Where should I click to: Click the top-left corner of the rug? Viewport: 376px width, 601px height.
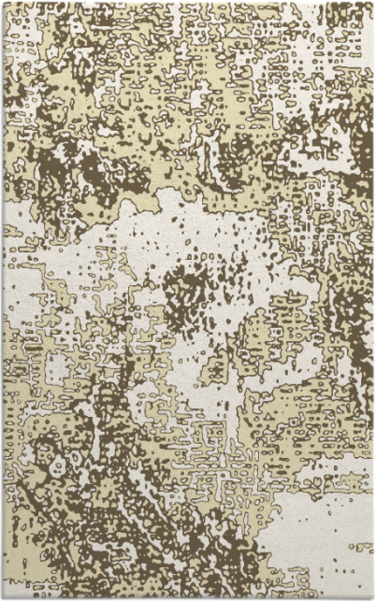pyautogui.click(x=3, y=3)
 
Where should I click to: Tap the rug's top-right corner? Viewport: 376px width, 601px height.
pyautogui.click(x=373, y=3)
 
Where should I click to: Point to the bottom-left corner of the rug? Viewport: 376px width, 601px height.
pyautogui.click(x=3, y=598)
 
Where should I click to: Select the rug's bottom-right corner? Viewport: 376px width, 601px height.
pyautogui.click(x=373, y=598)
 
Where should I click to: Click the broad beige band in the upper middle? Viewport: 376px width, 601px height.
pyautogui.click(x=187, y=103)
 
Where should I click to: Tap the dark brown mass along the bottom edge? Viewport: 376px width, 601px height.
pyautogui.click(x=187, y=584)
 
